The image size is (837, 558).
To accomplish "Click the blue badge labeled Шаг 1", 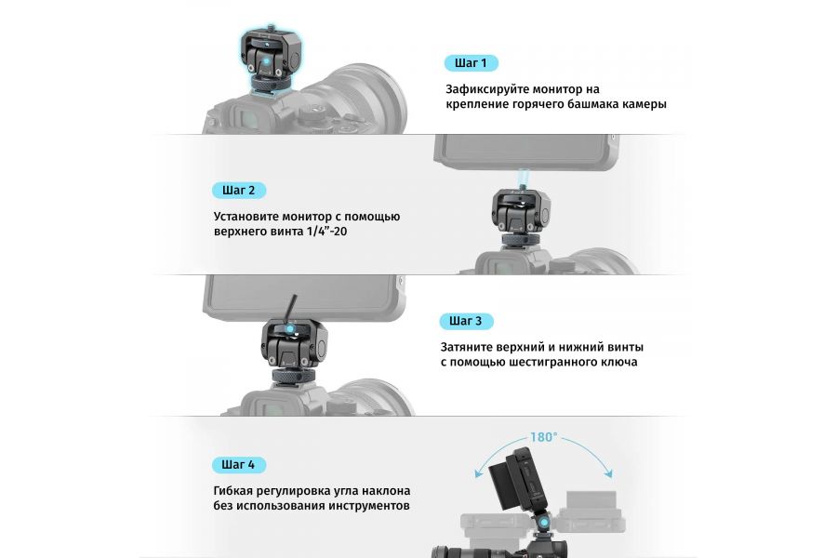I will pyautogui.click(x=471, y=63).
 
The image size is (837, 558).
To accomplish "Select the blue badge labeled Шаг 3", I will pyautogui.click(x=465, y=321).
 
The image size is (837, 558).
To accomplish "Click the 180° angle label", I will pyautogui.click(x=543, y=436).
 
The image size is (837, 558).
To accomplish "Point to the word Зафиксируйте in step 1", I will pyautogui.click(x=488, y=89).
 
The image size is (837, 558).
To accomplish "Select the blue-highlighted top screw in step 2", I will pyautogui.click(x=525, y=177).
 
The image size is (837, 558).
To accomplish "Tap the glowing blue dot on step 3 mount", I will pyautogui.click(x=292, y=329).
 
